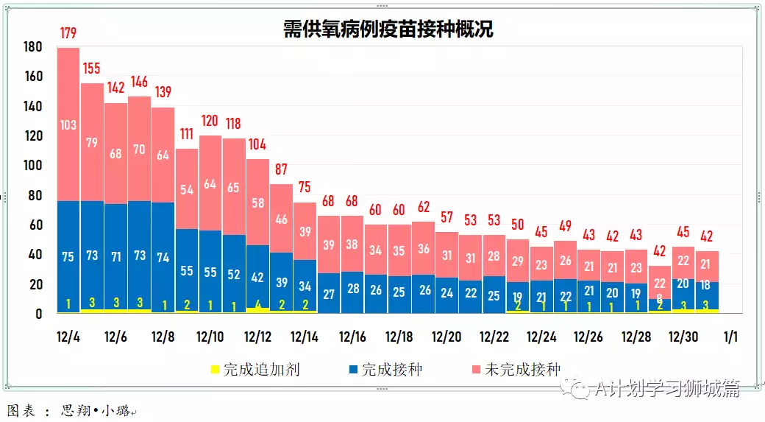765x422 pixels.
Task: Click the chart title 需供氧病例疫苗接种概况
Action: [388, 29]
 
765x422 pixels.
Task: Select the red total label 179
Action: [68, 33]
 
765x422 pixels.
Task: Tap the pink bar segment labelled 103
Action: [68, 124]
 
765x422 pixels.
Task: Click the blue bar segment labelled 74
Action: [163, 258]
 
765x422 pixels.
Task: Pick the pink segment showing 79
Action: [92, 143]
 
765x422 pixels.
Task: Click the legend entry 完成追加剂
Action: [255, 369]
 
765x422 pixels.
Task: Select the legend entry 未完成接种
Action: [515, 369]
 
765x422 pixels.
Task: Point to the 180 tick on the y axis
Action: [34, 47]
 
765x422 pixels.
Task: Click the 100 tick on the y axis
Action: [34, 166]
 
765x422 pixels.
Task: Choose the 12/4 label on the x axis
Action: [68, 337]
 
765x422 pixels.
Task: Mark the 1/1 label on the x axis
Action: [730, 337]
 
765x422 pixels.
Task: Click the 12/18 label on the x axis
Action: [399, 337]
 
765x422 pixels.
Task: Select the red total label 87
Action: [281, 169]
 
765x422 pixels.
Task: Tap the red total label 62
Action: [423, 207]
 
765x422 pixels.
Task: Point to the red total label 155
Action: [92, 68]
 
